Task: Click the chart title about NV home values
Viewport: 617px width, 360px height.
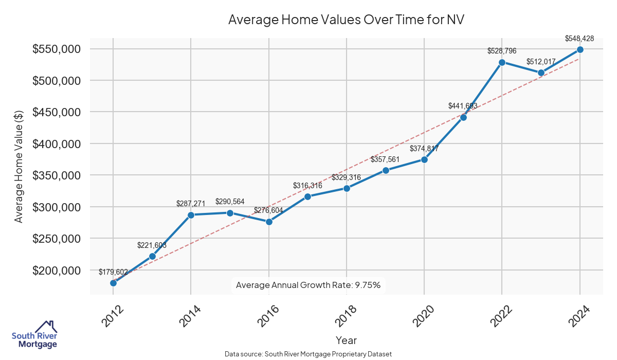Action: [346, 20]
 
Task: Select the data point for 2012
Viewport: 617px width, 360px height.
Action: [113, 283]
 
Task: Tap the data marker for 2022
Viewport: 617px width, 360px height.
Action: [502, 62]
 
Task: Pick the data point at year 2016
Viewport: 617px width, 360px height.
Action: [269, 222]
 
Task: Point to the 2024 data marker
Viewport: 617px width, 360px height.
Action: [580, 49]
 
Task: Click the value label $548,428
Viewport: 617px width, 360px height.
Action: [579, 38]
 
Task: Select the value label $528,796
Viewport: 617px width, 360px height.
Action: [502, 51]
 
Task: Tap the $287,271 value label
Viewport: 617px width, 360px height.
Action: [191, 204]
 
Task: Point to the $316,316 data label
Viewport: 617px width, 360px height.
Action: [307, 185]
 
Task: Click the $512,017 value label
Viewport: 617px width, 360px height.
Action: [541, 62]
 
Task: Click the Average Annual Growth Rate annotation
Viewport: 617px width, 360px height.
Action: [308, 285]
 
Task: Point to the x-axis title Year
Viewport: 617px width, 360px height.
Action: [346, 340]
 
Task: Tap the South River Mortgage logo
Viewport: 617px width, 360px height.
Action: [34, 334]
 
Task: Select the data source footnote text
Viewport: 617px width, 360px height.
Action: [308, 354]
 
